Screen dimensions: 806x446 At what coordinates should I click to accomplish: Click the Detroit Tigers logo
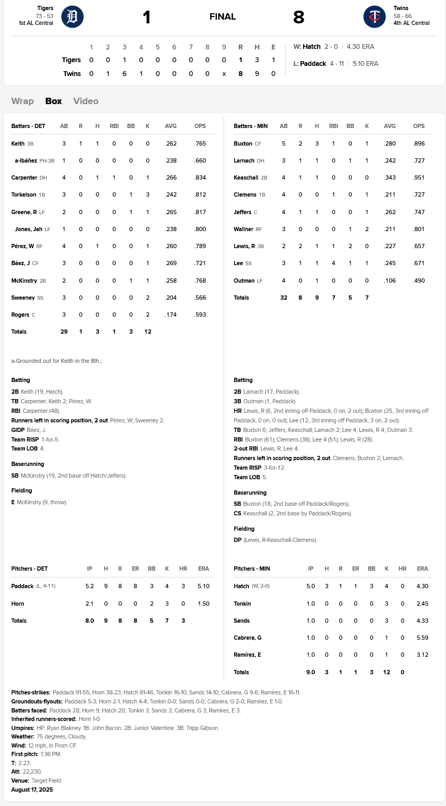point(72,17)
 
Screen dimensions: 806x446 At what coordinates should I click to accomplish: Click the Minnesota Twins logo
point(374,17)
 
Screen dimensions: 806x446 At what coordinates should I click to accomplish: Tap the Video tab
point(85,101)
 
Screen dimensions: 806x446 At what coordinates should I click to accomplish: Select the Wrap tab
point(22,101)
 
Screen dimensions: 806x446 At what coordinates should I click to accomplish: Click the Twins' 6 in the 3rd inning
point(124,74)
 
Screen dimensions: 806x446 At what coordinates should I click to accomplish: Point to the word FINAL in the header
point(222,17)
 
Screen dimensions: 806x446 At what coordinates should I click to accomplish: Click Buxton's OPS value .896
point(419,143)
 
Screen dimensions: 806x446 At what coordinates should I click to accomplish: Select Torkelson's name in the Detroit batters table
point(24,195)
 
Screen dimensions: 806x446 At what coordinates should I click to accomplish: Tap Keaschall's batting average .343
point(390,177)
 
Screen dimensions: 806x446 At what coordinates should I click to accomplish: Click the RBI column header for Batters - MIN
point(333,126)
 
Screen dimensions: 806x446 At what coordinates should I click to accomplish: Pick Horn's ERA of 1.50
point(203,604)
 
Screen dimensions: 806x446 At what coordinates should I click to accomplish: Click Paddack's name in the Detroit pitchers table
point(22,586)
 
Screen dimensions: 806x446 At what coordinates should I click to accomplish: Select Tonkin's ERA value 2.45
point(422,604)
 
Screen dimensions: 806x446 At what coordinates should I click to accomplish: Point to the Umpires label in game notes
point(23,728)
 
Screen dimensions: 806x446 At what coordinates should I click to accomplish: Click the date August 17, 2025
point(32,790)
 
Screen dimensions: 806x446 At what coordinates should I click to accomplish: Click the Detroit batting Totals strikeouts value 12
point(148,332)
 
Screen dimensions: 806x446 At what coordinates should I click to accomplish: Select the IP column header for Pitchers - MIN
point(311,569)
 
